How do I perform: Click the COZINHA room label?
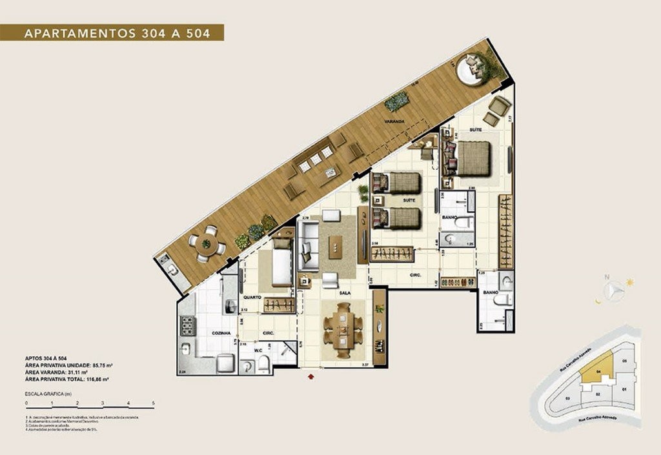[203, 332]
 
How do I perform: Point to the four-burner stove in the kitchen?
[187, 327]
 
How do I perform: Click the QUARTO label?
[252, 298]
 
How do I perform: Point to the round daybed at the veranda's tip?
[471, 67]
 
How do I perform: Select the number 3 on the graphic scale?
[103, 403]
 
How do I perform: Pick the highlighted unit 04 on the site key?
[598, 372]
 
